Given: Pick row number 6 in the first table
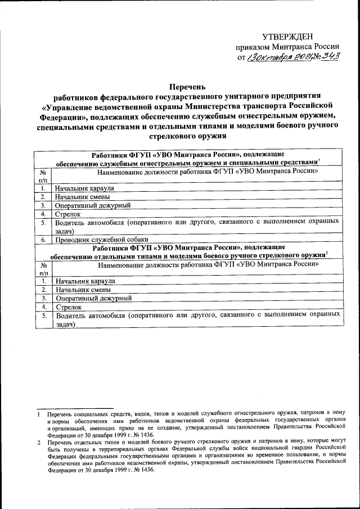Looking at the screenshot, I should [43, 240].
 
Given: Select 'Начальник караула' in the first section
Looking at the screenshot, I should [85, 188].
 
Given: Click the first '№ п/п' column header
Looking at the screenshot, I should [43, 175].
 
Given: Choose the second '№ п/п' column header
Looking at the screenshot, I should [43, 268].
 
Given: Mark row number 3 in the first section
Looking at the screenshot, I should [43, 206].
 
